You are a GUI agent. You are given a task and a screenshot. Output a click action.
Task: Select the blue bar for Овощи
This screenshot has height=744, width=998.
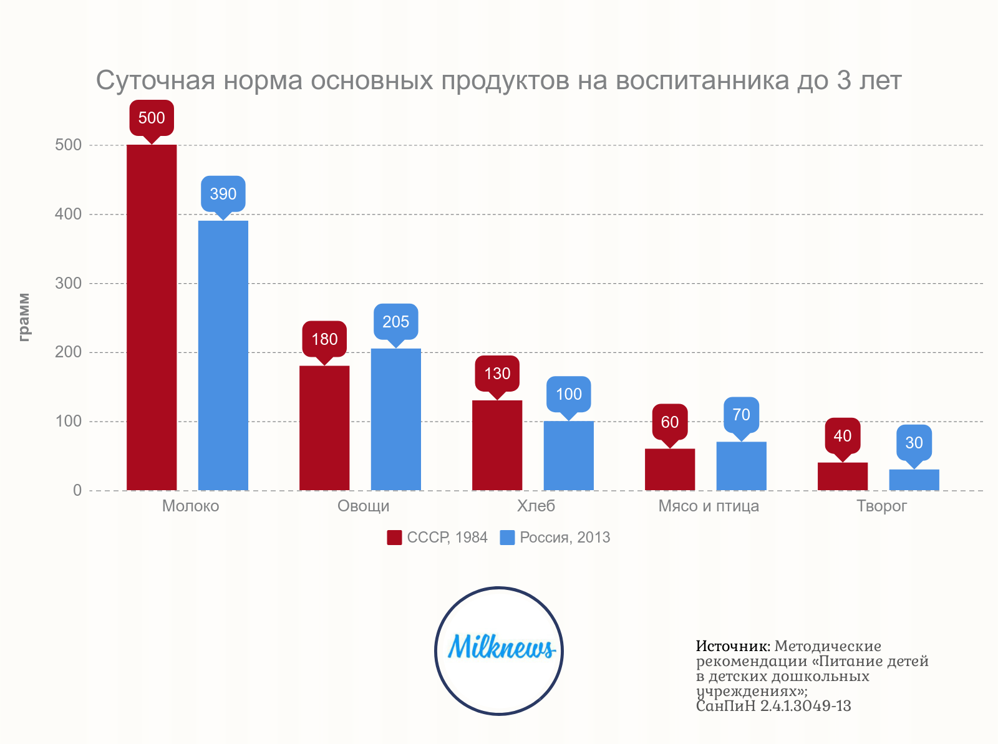396,419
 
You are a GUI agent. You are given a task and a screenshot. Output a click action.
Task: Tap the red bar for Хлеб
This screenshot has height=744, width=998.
497,445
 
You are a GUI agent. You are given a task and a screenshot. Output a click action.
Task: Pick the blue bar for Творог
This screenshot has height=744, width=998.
914,480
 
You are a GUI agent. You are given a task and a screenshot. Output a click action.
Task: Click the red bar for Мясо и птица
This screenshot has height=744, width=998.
670,469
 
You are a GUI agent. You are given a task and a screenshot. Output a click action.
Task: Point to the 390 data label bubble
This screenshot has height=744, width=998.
223,194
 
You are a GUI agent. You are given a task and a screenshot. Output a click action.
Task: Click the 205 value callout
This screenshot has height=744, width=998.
396,322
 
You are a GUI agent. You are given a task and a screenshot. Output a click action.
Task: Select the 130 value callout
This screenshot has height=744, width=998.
497,374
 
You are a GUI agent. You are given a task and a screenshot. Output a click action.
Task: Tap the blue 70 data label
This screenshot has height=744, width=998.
741,415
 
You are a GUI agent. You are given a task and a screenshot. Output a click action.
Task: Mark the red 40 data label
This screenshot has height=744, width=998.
843,436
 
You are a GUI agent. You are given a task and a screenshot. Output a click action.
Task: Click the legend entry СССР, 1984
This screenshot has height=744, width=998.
437,538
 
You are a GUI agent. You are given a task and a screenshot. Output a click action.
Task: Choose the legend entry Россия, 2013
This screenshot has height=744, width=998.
555,538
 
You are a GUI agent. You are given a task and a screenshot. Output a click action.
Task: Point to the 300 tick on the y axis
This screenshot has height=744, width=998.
69,283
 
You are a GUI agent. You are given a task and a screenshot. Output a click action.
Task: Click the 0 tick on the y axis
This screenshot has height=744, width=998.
77,490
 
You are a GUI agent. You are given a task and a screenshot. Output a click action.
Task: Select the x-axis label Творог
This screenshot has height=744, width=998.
881,506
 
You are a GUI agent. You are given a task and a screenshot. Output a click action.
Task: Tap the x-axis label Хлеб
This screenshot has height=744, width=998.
536,506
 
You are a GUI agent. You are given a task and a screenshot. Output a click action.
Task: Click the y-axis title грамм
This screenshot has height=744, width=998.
24,317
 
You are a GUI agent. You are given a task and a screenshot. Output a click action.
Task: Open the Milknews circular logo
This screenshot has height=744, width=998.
499,650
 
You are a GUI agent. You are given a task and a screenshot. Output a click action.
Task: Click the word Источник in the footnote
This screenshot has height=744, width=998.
733,646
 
